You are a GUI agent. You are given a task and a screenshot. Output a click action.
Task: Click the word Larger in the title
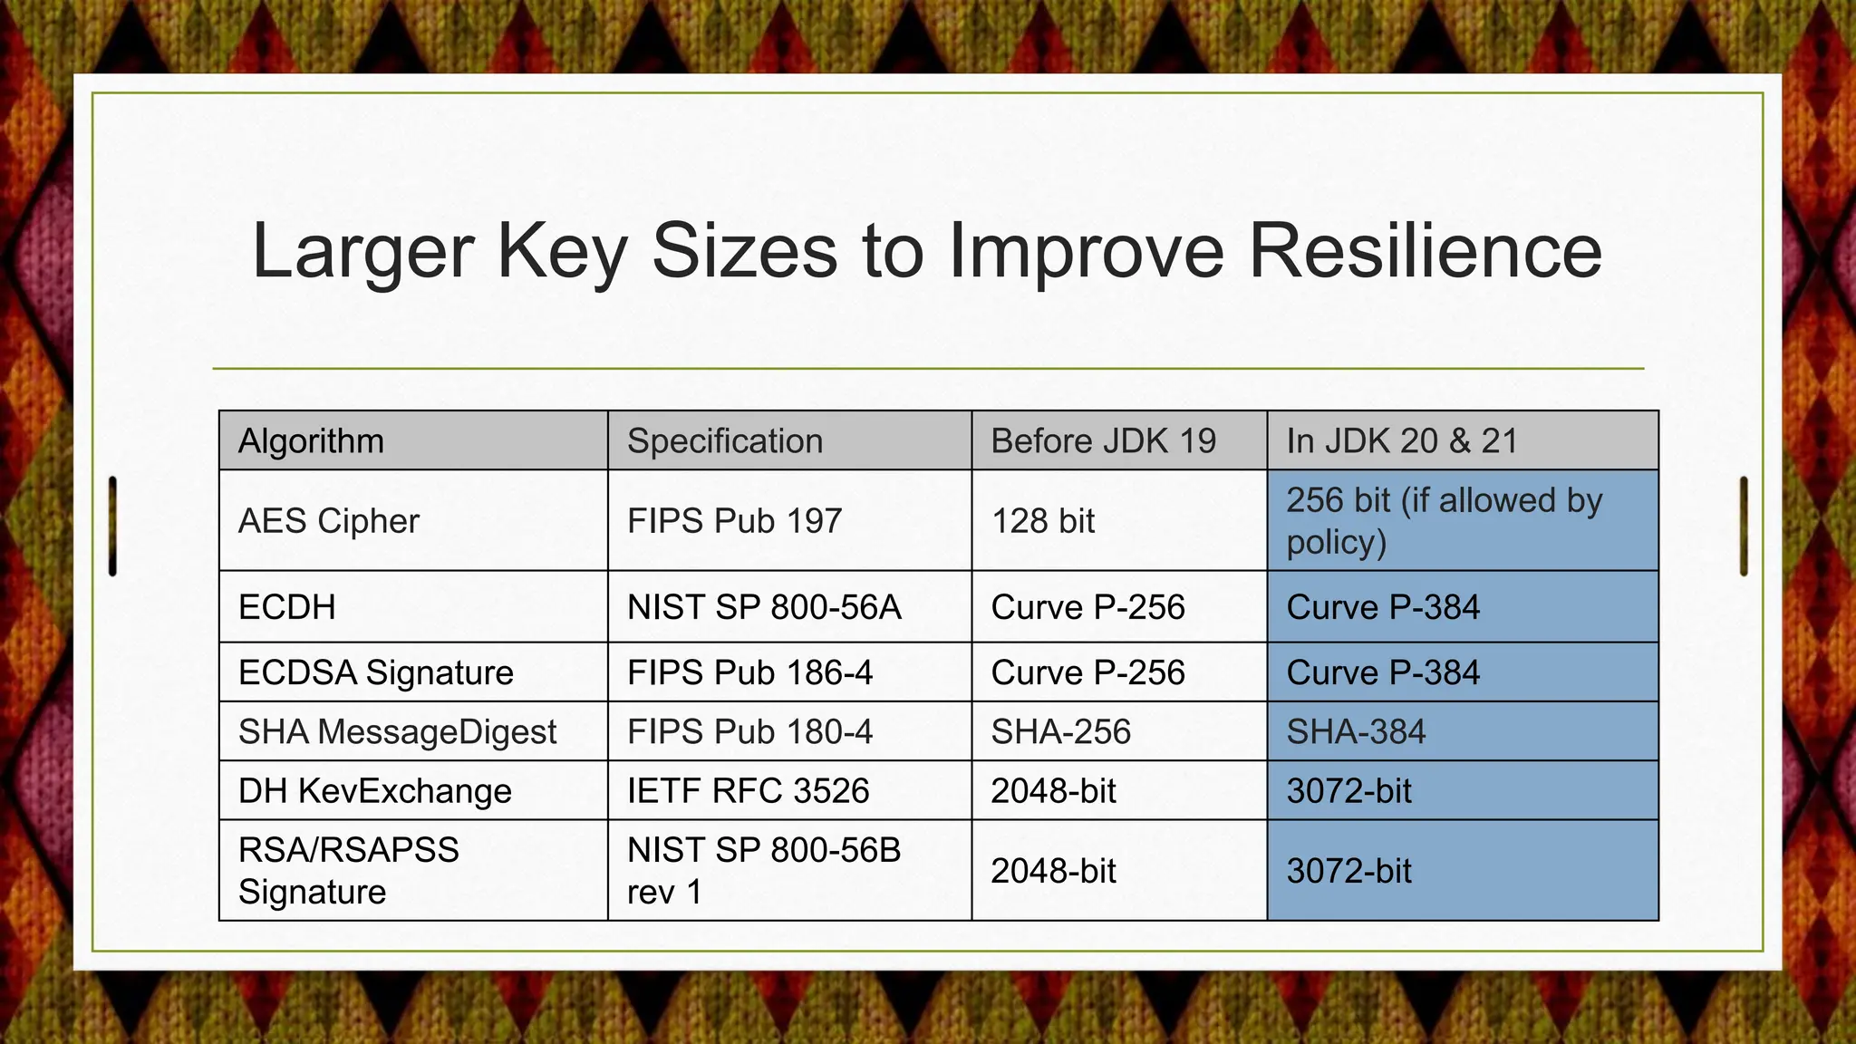click(362, 251)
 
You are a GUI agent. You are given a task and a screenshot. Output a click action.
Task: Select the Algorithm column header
click(311, 441)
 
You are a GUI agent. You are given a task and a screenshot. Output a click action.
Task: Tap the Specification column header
click(725, 441)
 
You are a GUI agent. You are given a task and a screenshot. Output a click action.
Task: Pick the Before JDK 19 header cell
click(1103, 441)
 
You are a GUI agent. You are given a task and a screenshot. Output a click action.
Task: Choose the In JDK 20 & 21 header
click(1402, 441)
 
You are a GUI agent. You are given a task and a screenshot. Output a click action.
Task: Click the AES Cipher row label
click(329, 521)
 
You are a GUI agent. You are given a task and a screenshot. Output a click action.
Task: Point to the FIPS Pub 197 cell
click(734, 521)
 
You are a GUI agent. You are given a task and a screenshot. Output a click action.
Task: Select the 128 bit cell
click(1043, 521)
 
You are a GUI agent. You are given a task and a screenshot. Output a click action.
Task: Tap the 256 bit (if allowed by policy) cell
click(1445, 521)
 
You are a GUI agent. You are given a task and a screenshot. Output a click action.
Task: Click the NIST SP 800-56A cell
click(764, 607)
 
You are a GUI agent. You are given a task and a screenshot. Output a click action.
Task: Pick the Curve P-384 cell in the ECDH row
click(1383, 607)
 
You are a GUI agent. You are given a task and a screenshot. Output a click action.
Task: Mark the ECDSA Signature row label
click(375, 672)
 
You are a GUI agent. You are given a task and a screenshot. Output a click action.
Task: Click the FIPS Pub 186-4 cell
click(749, 672)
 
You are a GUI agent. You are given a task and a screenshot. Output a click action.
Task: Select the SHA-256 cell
click(1060, 731)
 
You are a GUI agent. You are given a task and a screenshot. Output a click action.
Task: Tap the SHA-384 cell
click(1356, 731)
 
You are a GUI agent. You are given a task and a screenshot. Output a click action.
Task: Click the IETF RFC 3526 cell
click(748, 791)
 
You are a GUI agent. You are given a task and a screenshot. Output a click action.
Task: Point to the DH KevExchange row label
click(374, 791)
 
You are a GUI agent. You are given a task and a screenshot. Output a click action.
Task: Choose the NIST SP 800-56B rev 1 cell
click(764, 870)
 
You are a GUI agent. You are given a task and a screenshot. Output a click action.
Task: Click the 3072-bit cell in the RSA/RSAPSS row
click(1349, 871)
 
